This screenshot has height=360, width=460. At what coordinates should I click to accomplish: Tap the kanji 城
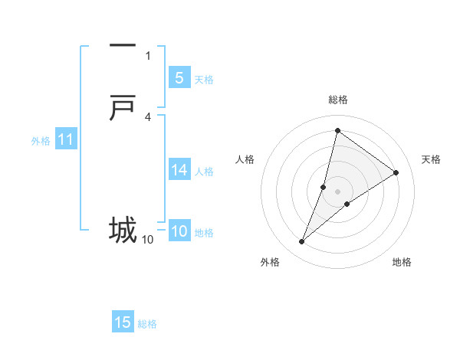click(x=123, y=229)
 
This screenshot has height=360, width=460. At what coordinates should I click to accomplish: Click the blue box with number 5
click(x=179, y=78)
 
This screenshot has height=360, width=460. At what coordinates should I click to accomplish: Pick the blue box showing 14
click(x=179, y=170)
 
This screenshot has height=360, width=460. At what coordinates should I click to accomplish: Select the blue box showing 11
click(x=65, y=140)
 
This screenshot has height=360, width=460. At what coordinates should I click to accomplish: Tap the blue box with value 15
click(x=123, y=322)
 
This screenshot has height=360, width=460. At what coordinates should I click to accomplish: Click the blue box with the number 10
click(x=179, y=232)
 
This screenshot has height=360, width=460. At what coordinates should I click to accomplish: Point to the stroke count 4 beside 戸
click(x=148, y=116)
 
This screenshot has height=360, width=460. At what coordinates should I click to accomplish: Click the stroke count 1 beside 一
click(x=148, y=55)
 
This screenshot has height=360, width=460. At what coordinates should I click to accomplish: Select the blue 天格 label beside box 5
click(x=204, y=80)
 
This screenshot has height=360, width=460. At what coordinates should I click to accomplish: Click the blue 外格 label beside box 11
click(x=40, y=141)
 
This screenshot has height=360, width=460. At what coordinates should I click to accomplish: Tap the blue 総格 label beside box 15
click(x=147, y=324)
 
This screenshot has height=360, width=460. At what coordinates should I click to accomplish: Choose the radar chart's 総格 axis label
click(x=338, y=100)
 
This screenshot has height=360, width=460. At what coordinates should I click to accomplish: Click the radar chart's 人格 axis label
click(x=245, y=159)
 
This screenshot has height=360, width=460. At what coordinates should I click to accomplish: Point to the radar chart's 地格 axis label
click(x=402, y=262)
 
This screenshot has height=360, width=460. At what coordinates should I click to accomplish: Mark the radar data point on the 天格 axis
click(x=396, y=172)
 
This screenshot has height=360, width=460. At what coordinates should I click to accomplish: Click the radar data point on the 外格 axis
click(x=302, y=242)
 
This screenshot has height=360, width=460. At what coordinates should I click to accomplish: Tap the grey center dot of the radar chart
click(x=338, y=191)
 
